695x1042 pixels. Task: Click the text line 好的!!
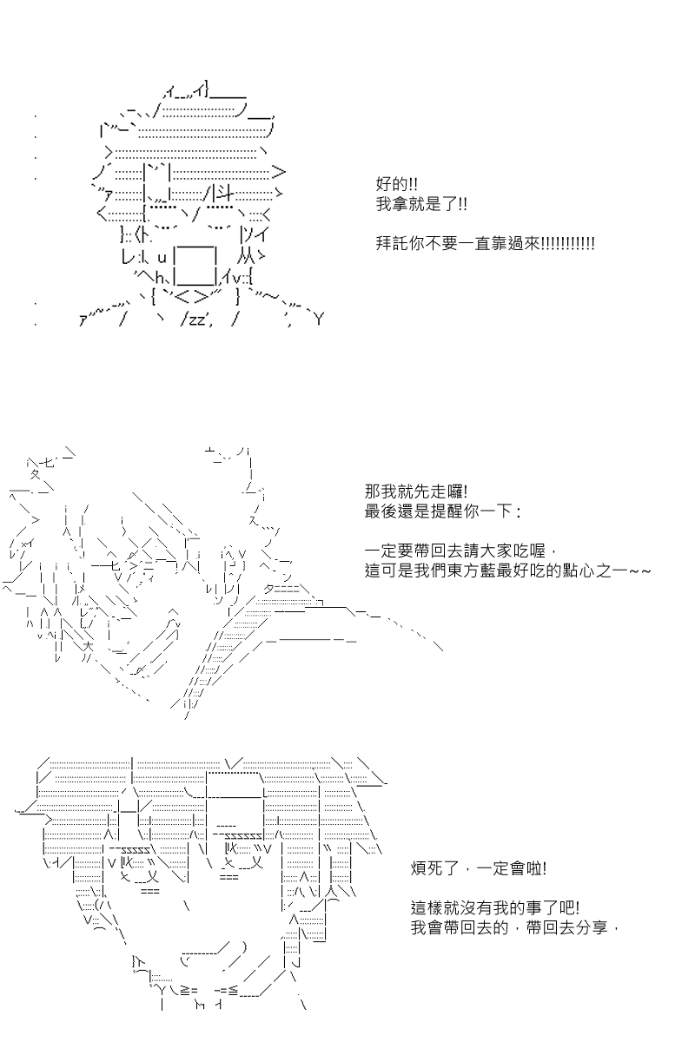397,184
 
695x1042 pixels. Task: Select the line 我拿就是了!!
421,204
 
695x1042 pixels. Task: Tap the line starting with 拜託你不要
485,243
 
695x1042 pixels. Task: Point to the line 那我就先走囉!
416,491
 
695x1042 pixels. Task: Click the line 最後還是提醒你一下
443,511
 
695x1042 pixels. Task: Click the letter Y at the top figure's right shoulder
319,320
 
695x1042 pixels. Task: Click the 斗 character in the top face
226,192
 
